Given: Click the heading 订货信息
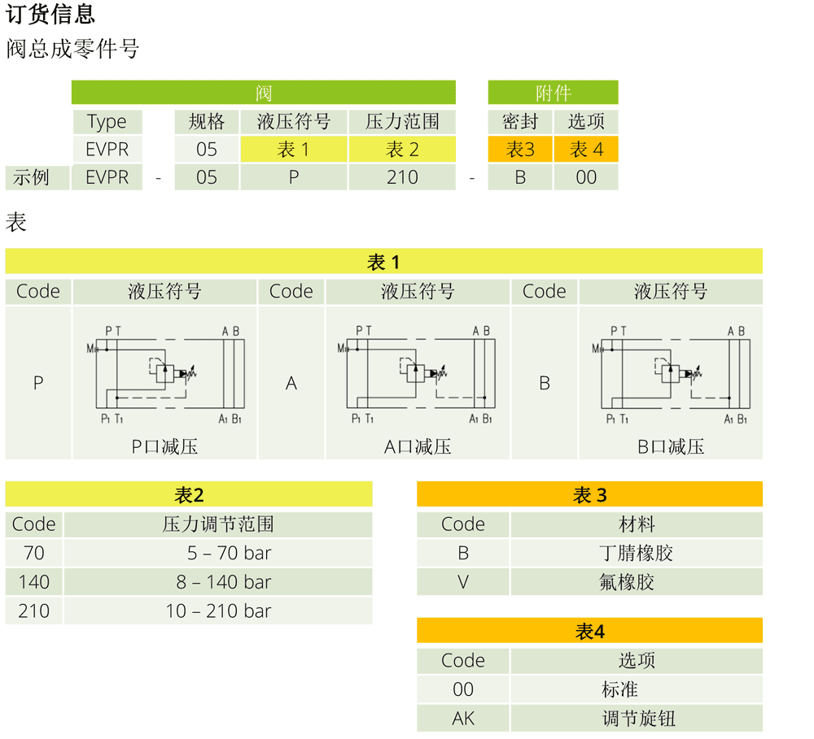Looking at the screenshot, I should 50,14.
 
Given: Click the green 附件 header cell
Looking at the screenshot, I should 553,93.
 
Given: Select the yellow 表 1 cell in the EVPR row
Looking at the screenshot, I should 294,150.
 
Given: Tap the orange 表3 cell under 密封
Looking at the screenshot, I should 520,150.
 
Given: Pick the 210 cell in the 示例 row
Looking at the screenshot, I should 402,177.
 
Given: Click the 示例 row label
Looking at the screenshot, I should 32,177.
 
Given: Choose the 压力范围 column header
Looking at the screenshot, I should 402,122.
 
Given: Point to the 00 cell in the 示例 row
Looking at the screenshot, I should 586,177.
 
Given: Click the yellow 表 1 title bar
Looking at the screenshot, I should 383,262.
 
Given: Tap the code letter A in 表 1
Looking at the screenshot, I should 291,383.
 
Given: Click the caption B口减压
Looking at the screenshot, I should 671,446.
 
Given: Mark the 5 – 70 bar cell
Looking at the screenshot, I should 218,554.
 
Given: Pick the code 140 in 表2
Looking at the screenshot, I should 34,582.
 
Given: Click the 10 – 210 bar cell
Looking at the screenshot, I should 218,611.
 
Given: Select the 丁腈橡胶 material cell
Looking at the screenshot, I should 637,554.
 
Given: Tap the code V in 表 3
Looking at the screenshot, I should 463,582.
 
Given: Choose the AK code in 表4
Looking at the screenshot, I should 463,719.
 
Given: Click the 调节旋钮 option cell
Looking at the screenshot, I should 637,719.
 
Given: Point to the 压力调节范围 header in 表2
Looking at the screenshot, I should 218,524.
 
